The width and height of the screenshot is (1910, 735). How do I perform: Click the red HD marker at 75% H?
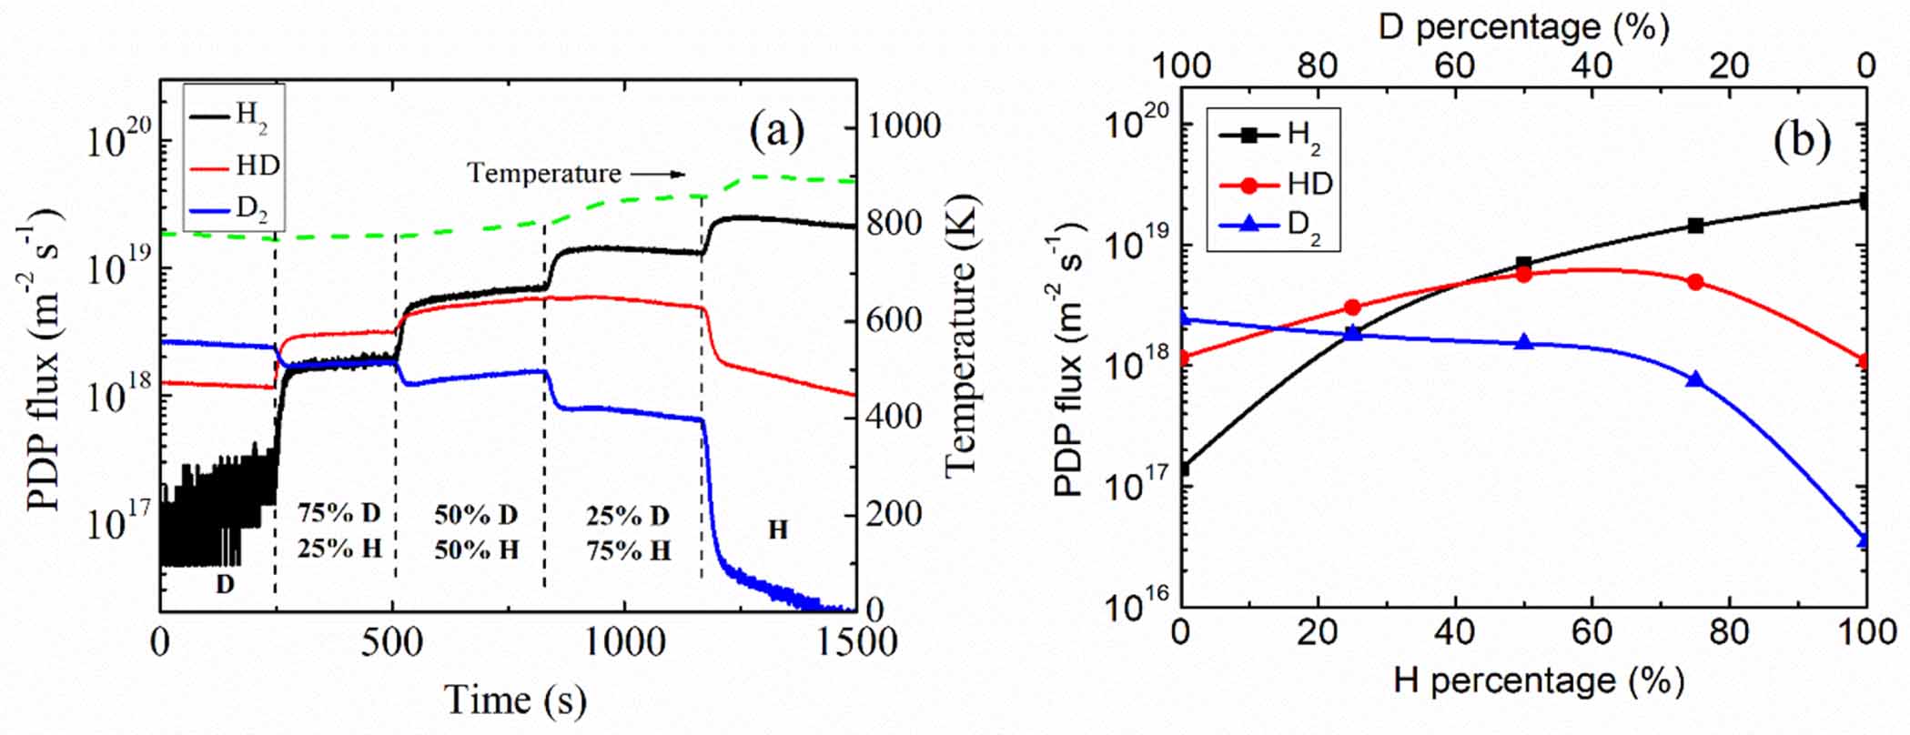1694,282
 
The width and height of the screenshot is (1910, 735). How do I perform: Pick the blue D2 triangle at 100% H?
1865,540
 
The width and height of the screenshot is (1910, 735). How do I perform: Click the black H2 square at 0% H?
1182,469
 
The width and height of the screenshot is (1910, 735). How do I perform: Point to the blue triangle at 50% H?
1524,343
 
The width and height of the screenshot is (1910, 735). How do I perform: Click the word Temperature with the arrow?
543,173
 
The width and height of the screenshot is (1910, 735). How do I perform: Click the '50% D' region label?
476,515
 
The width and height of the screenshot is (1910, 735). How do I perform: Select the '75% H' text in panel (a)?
629,550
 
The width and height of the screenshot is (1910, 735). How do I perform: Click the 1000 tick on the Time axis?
625,642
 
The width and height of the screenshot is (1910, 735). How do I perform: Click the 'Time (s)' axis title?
515,700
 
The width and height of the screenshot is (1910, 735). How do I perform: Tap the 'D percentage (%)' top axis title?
1523,26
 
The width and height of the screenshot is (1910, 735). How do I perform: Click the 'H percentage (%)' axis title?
1538,680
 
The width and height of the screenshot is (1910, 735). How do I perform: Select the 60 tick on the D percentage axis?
1455,65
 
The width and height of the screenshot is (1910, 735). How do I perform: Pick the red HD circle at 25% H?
1352,307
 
